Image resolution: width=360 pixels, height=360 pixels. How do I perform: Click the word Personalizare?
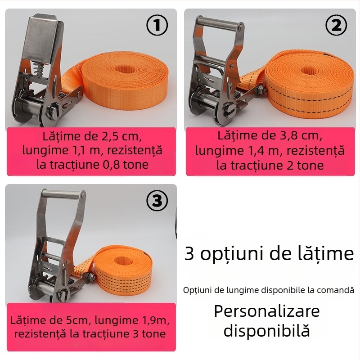[x=266, y=311]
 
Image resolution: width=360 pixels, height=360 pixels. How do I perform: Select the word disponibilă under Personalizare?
[x=266, y=331]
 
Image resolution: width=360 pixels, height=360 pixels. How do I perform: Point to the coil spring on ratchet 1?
[x=40, y=70]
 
